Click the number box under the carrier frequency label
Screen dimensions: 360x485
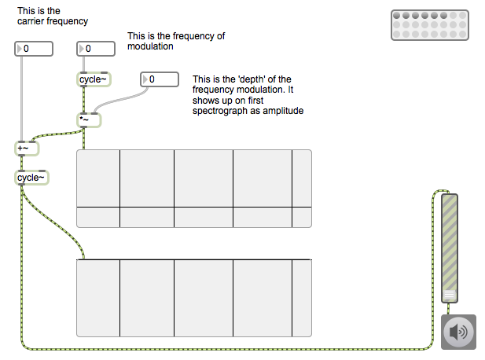click(34, 50)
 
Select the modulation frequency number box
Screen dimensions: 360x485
click(96, 50)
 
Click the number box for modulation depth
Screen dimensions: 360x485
click(160, 79)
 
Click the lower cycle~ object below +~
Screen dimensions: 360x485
click(31, 178)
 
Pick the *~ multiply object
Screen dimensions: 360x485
click(88, 119)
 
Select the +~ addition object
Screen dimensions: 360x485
click(27, 148)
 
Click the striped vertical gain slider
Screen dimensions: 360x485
click(449, 244)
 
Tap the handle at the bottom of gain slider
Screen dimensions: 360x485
click(449, 296)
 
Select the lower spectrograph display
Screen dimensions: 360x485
click(193, 299)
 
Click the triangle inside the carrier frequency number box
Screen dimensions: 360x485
click(20, 50)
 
